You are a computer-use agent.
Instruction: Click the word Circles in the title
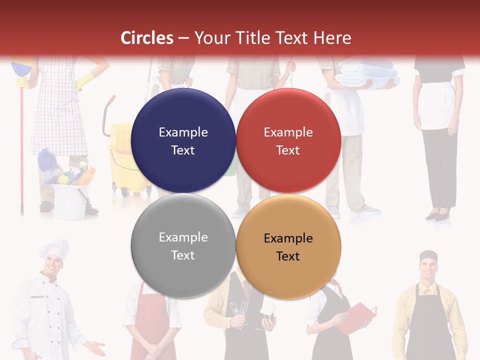click(147, 38)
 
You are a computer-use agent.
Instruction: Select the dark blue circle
click(183, 141)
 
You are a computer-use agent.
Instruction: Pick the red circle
click(288, 141)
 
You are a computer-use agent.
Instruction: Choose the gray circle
click(183, 246)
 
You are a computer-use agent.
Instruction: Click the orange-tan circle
click(288, 247)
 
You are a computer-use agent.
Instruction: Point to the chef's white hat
click(54, 248)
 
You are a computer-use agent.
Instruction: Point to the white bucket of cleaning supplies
click(70, 200)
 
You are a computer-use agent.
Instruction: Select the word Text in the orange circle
click(288, 256)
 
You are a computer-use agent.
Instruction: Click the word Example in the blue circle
click(183, 132)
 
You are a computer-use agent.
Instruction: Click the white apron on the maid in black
click(436, 107)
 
